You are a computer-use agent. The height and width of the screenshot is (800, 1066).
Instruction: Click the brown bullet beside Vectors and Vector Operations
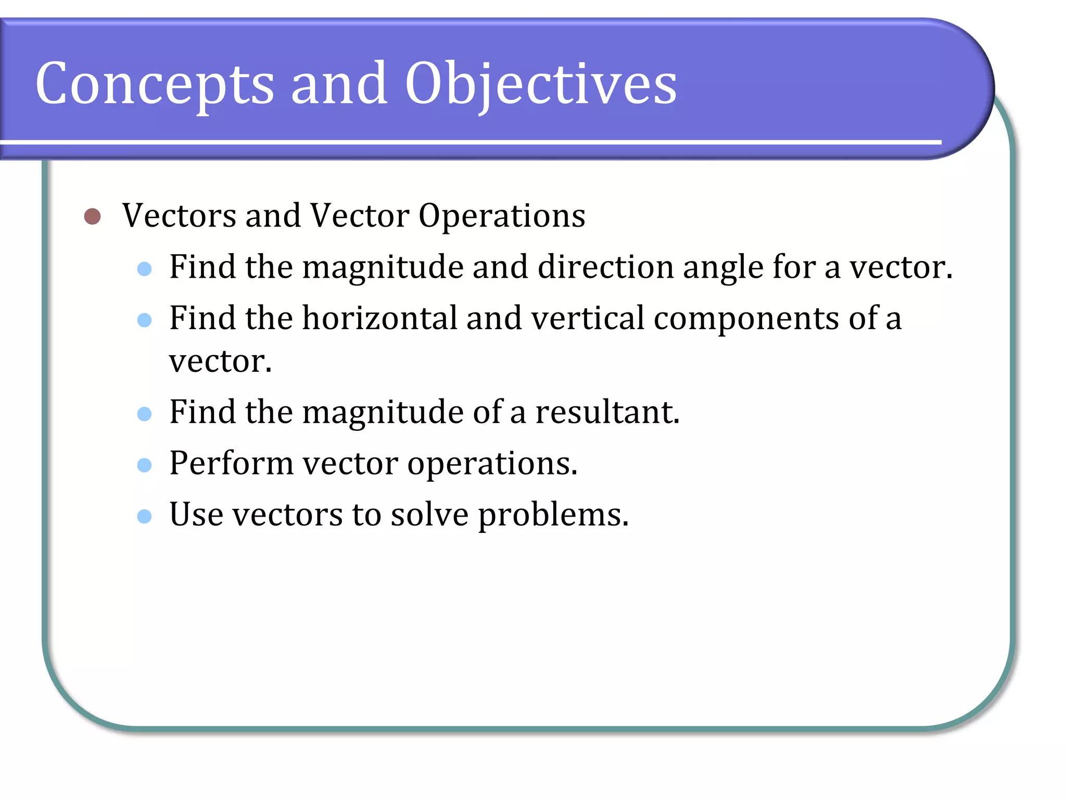tap(92, 216)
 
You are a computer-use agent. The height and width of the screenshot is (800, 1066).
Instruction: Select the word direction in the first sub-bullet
tap(605, 267)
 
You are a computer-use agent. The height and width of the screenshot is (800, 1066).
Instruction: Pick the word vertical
tap(588, 318)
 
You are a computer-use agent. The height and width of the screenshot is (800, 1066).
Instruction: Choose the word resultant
tap(607, 412)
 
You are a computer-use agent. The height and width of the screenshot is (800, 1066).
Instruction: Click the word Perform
tap(231, 464)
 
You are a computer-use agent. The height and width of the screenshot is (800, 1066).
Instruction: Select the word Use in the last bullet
tap(196, 515)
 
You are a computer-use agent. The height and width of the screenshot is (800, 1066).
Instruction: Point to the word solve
tap(429, 515)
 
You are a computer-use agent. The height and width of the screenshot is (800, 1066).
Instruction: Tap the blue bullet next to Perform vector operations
tap(144, 465)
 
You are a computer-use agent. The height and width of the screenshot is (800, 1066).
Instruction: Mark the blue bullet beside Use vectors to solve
tap(144, 516)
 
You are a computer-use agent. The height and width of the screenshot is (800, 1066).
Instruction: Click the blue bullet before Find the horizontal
tap(144, 320)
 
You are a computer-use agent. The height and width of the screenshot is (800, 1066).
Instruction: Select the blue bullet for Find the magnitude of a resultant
tap(144, 414)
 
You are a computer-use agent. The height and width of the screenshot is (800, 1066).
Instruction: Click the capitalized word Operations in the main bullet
tap(502, 216)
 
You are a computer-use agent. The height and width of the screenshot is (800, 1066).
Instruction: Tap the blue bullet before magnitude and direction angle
tap(144, 269)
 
